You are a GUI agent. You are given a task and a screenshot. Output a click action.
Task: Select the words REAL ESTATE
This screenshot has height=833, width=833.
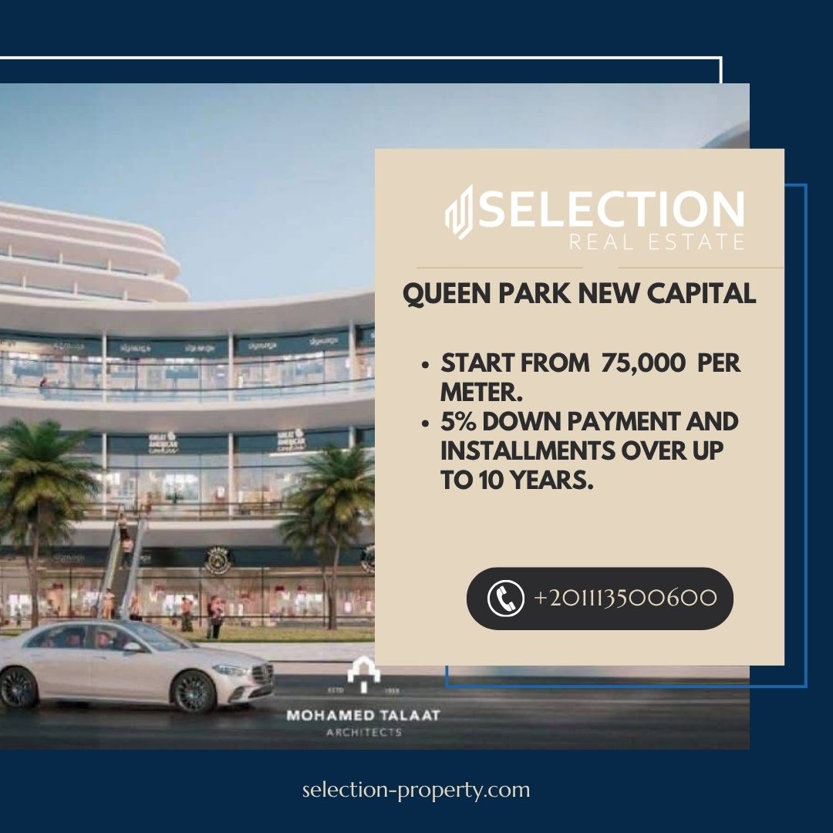pos(656,242)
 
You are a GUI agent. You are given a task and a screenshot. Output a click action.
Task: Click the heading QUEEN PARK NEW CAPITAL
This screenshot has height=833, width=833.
pos(579,293)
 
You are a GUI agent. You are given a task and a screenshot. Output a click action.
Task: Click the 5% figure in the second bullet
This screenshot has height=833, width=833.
pos(457,422)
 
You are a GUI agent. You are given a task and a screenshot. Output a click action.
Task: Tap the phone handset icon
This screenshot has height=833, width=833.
pos(505,599)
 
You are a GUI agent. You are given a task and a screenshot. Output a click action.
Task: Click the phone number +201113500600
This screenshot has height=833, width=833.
pos(625,599)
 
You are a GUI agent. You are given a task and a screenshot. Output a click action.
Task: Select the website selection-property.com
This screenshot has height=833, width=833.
pos(416,790)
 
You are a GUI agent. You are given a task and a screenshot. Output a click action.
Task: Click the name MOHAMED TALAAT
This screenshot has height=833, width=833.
pos(363,715)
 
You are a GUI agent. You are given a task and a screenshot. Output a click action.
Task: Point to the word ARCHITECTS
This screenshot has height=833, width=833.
pos(363,732)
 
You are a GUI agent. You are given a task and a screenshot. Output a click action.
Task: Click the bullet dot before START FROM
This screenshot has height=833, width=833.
pos(426,364)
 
